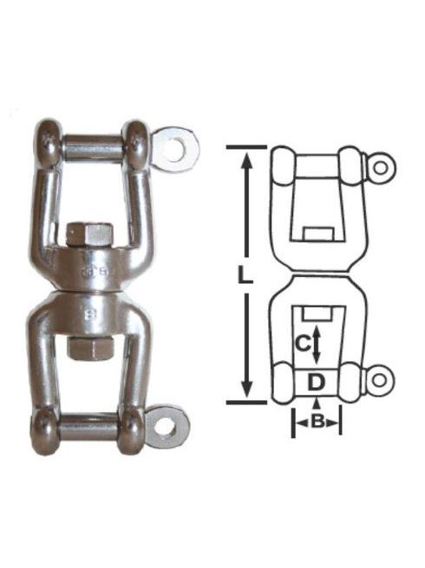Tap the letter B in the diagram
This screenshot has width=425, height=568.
pos(317,422)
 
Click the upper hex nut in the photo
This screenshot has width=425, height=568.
pos(89,235)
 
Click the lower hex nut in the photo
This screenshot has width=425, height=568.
pos(89,346)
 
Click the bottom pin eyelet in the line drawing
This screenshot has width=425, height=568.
pos(379,378)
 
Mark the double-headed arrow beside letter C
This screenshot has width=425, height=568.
pos(317,345)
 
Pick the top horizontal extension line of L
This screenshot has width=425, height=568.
pos(246,147)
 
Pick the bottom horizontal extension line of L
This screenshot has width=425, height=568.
pos(246,402)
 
